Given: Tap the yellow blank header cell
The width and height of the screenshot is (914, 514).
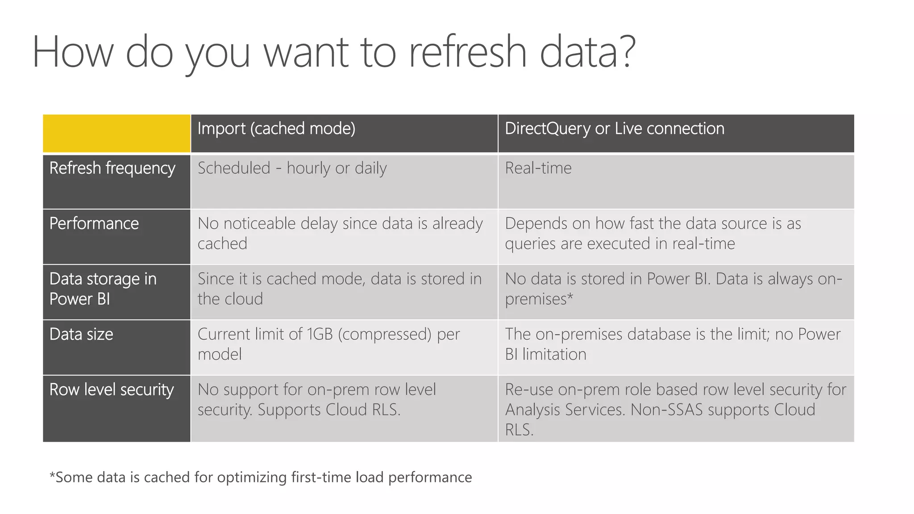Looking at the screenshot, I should tap(116, 133).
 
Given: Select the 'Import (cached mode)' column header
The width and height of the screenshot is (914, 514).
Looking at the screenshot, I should tap(276, 129).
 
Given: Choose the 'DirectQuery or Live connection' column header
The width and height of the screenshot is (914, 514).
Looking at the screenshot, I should tap(614, 129).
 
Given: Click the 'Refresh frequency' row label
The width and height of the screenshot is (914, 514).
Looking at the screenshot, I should tap(112, 169).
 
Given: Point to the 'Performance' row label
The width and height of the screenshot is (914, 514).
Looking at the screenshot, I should tap(94, 224).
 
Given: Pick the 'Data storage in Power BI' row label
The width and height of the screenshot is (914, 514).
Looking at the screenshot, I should tap(103, 289).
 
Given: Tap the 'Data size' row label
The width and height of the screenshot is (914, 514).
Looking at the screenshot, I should tap(81, 334).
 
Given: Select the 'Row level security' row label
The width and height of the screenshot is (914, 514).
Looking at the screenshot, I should tap(111, 390).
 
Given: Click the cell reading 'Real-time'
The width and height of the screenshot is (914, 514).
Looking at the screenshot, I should tap(538, 168).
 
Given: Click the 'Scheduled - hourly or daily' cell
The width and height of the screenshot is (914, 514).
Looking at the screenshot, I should tap(292, 168).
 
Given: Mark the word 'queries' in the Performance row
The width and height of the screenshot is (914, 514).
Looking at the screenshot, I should tap(527, 244).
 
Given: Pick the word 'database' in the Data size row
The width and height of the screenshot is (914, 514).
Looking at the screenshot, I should tap(660, 334).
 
